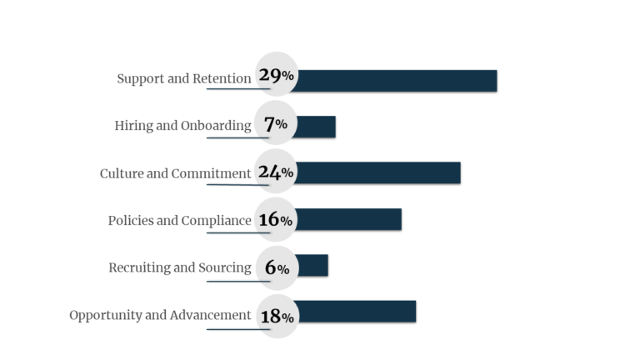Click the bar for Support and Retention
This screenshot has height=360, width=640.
click(396, 81)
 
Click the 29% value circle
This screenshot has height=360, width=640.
click(276, 76)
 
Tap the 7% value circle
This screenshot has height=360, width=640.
click(276, 124)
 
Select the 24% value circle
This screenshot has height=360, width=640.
click(276, 172)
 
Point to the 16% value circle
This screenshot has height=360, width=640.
click(276, 220)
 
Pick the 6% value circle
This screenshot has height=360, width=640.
click(276, 267)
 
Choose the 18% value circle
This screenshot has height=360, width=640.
click(276, 316)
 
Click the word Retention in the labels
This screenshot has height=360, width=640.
click(222, 79)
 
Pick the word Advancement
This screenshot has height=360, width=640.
click(210, 315)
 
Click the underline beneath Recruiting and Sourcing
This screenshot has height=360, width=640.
click(237, 281)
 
